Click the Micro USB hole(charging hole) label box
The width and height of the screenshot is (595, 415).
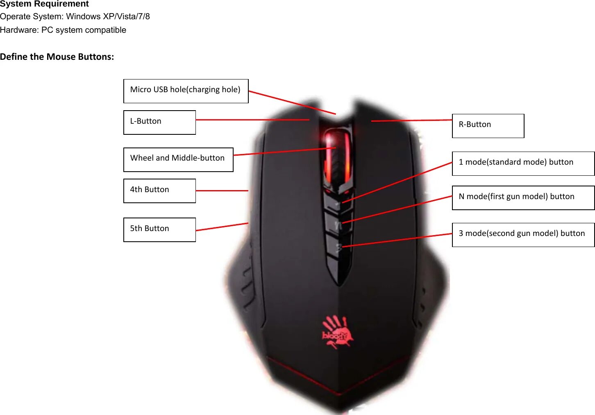[186, 91]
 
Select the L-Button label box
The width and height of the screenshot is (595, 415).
[159, 122]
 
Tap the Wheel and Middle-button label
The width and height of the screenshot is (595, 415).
[178, 159]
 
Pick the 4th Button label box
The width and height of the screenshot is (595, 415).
[159, 190]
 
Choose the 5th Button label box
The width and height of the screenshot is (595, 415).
[159, 229]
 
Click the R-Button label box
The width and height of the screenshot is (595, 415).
[488, 126]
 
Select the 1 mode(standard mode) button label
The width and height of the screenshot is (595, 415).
[523, 163]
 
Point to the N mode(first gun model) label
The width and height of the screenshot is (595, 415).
[523, 198]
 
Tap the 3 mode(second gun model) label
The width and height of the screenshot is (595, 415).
[523, 235]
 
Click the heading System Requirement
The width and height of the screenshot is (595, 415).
[44, 4]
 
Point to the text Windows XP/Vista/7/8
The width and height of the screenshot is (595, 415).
[108, 17]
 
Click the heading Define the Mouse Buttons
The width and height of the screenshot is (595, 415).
[57, 57]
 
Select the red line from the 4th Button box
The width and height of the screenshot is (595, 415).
[222, 190]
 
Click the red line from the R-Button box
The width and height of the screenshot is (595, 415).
[411, 120]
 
